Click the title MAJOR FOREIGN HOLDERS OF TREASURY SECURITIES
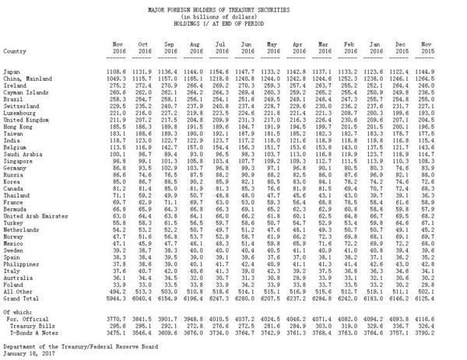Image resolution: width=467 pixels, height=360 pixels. [x=233, y=5]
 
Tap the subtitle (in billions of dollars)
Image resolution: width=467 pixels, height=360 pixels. [x=233, y=13]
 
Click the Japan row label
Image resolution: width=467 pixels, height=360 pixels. [x=13, y=70]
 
